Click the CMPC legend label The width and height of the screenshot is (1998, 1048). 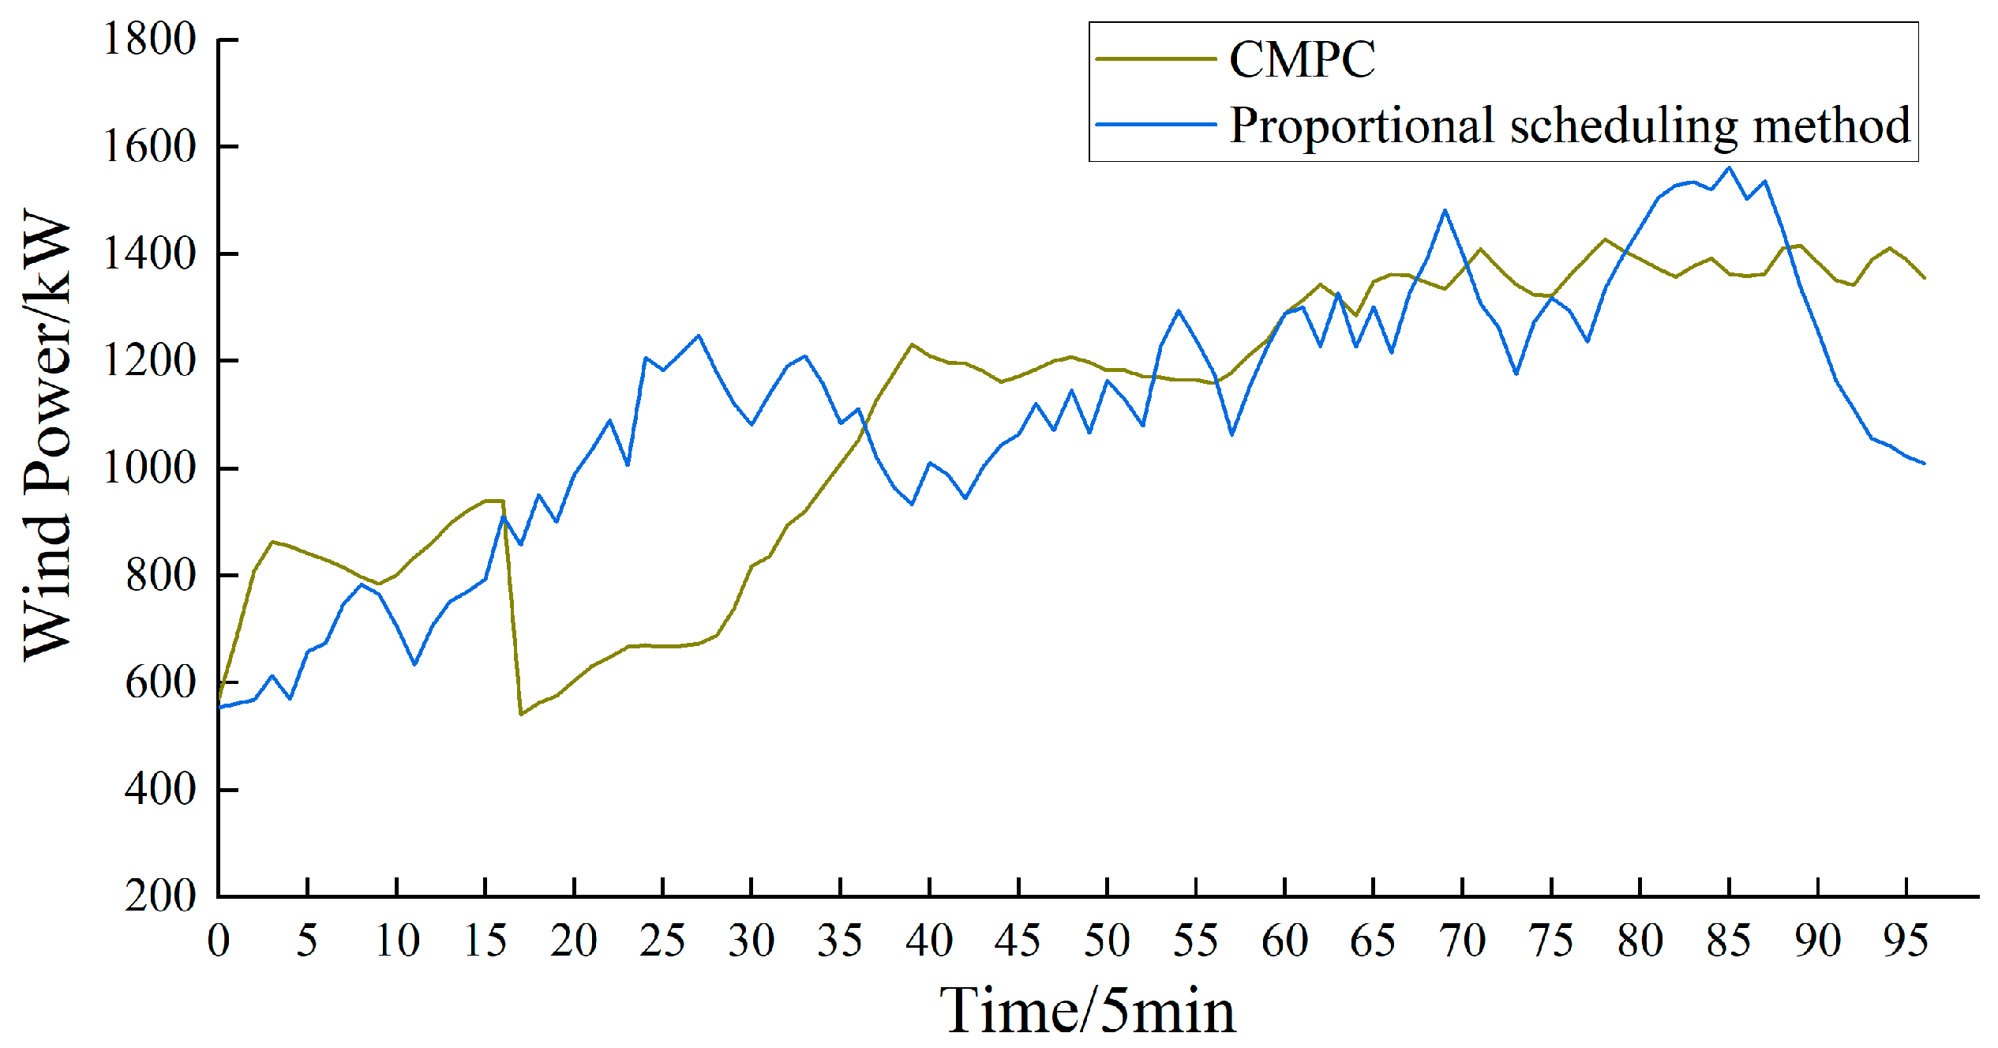tap(1302, 59)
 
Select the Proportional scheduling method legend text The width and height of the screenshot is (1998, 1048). tap(1569, 126)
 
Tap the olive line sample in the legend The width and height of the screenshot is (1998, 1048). tap(1156, 59)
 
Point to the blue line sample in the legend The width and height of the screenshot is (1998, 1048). tap(1156, 125)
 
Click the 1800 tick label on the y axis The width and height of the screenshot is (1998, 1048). tap(150, 39)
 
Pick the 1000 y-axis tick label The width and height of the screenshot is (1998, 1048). tap(150, 468)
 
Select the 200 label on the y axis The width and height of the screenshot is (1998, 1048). tap(160, 896)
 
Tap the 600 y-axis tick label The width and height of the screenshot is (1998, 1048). tap(160, 682)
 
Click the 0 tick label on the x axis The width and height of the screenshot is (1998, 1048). tap(219, 941)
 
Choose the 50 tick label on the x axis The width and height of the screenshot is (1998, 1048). tap(1107, 941)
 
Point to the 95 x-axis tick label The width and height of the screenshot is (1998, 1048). tap(1906, 941)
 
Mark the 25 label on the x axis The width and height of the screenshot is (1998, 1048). tap(662, 941)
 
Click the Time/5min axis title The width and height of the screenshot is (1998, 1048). tap(1087, 1010)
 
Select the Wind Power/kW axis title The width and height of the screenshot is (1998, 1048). tap(47, 434)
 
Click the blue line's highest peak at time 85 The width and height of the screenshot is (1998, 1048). tap(1730, 167)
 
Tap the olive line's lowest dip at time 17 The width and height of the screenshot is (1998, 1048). tap(521, 714)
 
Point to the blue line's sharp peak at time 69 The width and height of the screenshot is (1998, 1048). tap(1445, 210)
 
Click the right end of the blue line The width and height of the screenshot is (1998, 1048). tap(1925, 464)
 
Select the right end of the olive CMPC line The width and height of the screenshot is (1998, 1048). tap(1925, 278)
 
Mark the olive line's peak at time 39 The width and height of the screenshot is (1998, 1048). tap(912, 344)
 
